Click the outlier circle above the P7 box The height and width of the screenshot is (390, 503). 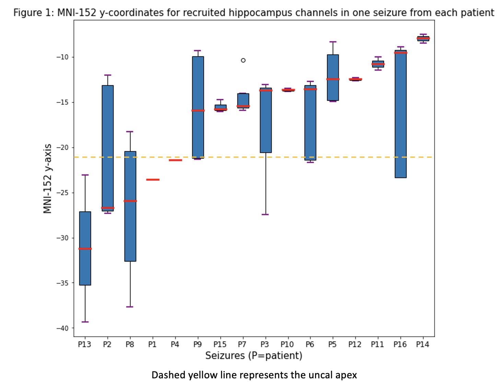click(x=243, y=60)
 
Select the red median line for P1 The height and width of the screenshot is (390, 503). click(x=153, y=180)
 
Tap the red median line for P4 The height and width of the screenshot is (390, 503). click(x=175, y=160)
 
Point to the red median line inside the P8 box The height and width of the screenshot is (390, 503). click(x=130, y=201)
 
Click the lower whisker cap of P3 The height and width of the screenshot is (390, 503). click(x=265, y=215)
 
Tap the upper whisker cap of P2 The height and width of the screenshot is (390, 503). click(x=108, y=75)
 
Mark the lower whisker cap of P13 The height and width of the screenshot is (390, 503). click(x=85, y=322)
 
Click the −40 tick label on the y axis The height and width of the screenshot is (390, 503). click(x=62, y=328)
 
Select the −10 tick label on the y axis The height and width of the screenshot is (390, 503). click(x=62, y=57)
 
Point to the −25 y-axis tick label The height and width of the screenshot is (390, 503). click(x=62, y=193)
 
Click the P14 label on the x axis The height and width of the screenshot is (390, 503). click(x=423, y=344)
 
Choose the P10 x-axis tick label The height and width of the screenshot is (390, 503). click(x=287, y=344)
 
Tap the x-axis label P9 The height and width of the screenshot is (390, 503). click(x=198, y=344)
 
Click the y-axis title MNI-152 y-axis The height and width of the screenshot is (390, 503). click(x=47, y=179)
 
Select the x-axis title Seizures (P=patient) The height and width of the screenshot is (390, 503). click(x=254, y=356)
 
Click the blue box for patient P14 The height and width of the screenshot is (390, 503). click(x=423, y=38)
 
